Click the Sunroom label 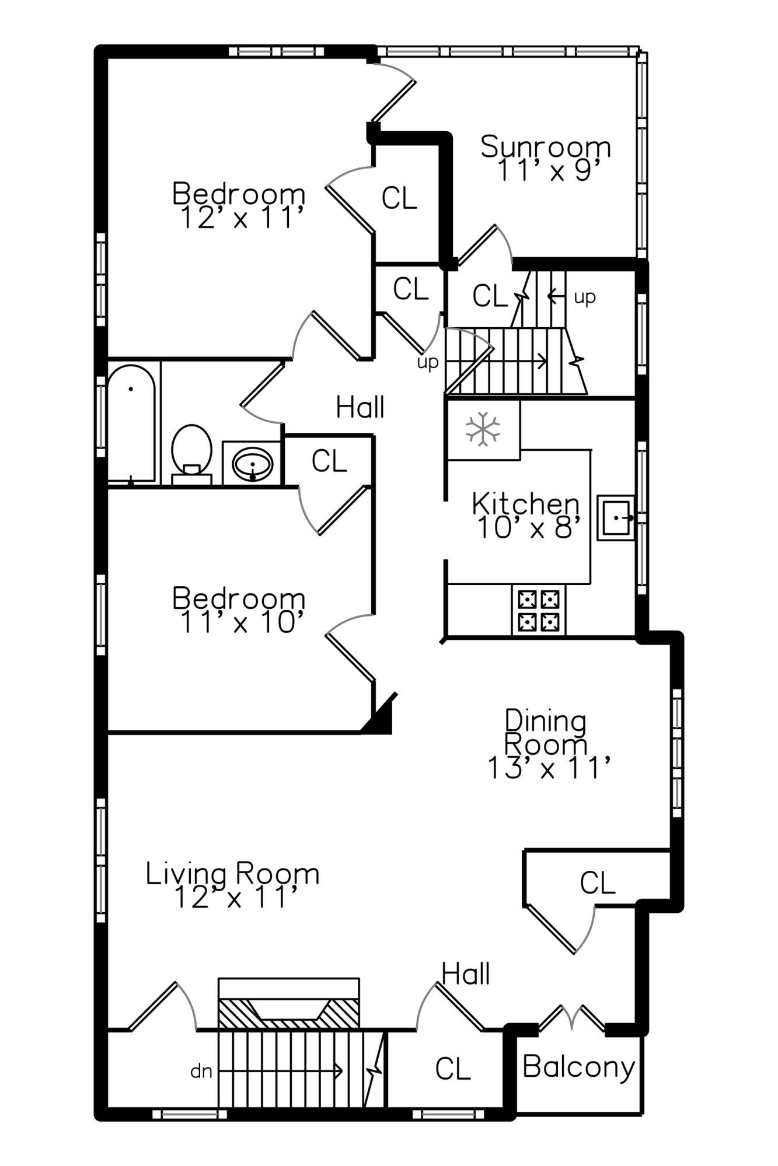546,146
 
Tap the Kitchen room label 526,503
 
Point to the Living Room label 232,874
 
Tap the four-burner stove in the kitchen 539,611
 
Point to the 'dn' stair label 201,1072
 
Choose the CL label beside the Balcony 453,1069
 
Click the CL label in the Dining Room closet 598,883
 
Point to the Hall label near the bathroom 360,407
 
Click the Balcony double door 572,1018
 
